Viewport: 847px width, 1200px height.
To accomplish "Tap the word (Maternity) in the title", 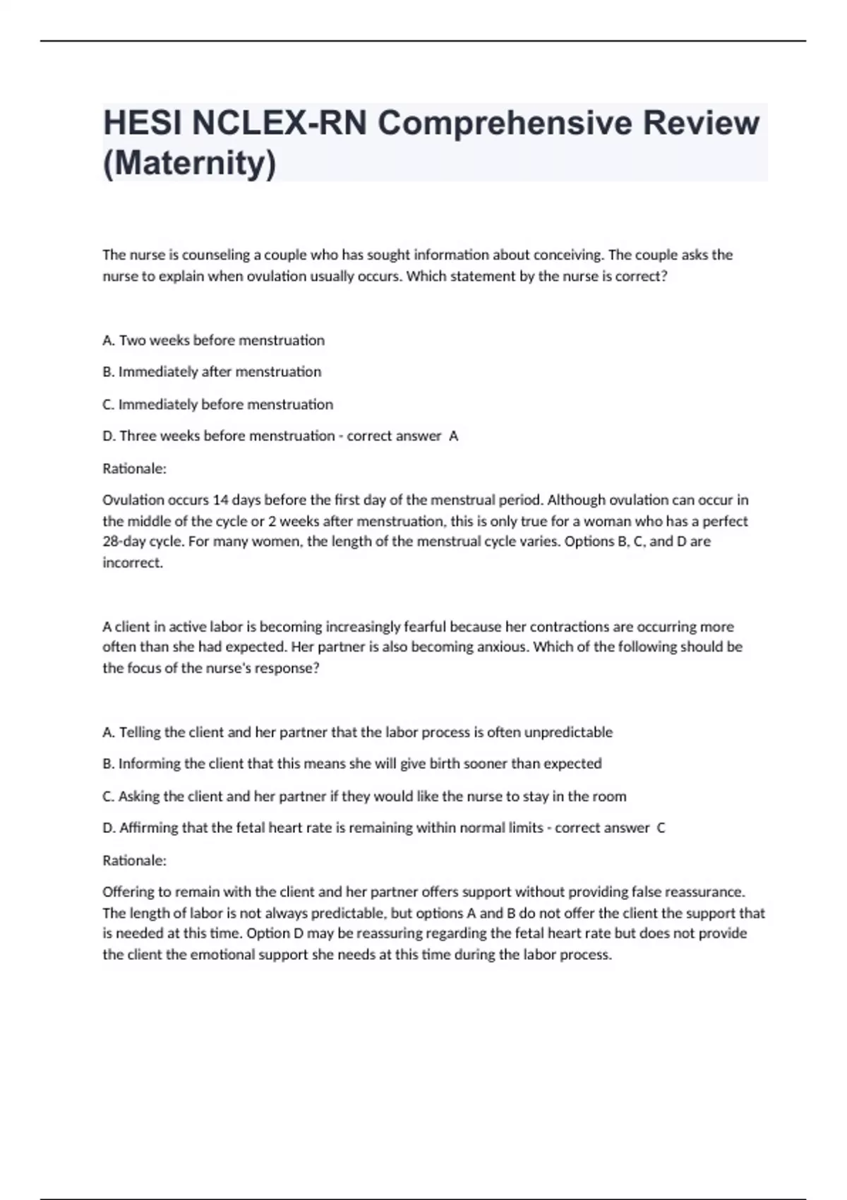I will pyautogui.click(x=189, y=164).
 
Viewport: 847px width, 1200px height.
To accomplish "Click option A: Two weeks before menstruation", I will pyautogui.click(x=213, y=340).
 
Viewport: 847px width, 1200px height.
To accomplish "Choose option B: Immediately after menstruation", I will pyautogui.click(x=212, y=372).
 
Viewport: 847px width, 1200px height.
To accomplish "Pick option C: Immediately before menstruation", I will pyautogui.click(x=217, y=404).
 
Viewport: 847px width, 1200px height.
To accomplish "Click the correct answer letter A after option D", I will pyautogui.click(x=454, y=436).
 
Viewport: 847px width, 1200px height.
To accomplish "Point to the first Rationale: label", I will pyautogui.click(x=134, y=469).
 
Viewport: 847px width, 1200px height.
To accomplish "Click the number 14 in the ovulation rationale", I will pyautogui.click(x=220, y=500).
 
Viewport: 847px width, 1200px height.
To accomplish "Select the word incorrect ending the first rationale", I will pyautogui.click(x=132, y=563).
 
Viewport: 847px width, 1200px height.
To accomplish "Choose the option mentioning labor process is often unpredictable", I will pyautogui.click(x=357, y=732).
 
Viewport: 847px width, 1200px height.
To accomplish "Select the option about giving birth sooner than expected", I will pyautogui.click(x=352, y=764).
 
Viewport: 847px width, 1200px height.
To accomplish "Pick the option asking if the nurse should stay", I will pyautogui.click(x=364, y=796).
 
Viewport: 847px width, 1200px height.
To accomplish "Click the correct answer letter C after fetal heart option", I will pyautogui.click(x=661, y=828).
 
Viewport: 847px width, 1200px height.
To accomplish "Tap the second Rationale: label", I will pyautogui.click(x=134, y=860).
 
